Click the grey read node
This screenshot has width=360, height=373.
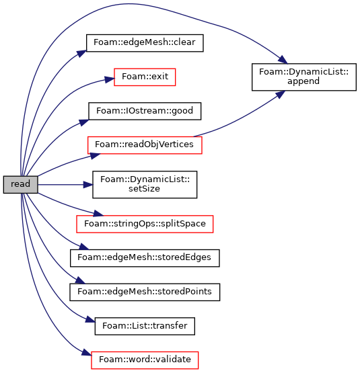(x=20, y=185)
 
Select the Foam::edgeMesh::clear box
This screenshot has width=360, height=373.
(x=145, y=43)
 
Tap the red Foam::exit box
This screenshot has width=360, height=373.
(x=145, y=77)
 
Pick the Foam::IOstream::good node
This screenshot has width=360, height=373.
(x=145, y=111)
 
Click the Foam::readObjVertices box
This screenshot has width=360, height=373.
(x=145, y=145)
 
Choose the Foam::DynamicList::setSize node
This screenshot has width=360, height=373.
(x=145, y=184)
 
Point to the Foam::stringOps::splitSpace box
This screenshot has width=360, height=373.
(x=145, y=224)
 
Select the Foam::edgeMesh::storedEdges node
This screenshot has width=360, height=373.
(x=145, y=258)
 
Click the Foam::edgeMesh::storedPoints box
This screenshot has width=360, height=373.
(x=145, y=292)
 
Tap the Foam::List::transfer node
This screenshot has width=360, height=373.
(x=145, y=326)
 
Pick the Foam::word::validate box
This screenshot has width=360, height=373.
(x=145, y=360)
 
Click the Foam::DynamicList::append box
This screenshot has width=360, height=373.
(x=304, y=77)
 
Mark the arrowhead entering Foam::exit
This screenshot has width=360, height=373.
(x=110, y=79)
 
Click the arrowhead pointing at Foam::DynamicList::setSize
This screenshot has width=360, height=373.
(x=88, y=185)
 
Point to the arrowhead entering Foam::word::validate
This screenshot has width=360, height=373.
(x=87, y=352)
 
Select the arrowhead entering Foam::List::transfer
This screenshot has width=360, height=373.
(x=90, y=319)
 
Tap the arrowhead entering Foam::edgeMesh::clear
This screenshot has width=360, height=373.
(x=81, y=54)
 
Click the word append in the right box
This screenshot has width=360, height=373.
(x=303, y=81)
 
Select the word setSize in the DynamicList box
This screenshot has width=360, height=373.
(x=144, y=189)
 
